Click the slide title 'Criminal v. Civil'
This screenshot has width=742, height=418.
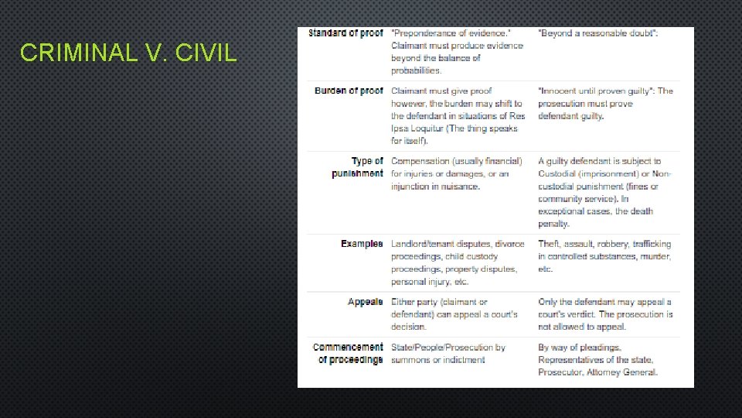click(x=128, y=53)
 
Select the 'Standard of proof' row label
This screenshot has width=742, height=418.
click(x=345, y=33)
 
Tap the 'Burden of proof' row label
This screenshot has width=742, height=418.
click(x=349, y=91)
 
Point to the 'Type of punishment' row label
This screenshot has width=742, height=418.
click(x=357, y=167)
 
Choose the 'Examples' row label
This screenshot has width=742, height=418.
click(x=362, y=244)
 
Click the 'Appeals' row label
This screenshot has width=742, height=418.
click(x=365, y=302)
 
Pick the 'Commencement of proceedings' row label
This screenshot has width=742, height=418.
click(x=348, y=354)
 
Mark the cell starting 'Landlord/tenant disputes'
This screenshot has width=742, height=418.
click(x=458, y=262)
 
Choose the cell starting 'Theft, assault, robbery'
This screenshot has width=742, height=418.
click(x=604, y=256)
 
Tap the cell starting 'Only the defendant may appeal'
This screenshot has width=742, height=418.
click(x=605, y=314)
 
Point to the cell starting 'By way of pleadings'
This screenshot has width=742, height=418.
click(x=597, y=360)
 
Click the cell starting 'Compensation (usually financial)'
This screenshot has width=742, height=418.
click(x=457, y=173)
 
